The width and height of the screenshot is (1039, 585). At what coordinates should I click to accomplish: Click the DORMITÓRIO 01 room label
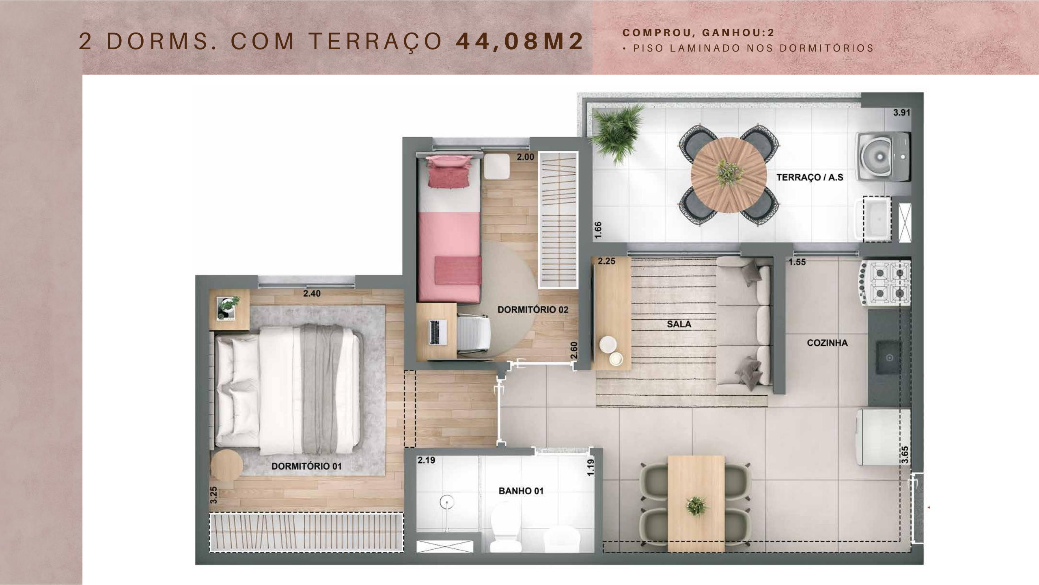(306, 466)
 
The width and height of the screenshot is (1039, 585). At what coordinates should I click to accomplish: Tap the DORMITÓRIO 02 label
(533, 310)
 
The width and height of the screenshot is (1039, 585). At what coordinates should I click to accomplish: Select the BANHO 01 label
(521, 491)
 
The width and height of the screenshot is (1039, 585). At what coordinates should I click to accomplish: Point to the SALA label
(679, 324)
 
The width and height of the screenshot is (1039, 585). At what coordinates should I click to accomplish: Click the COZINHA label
(827, 343)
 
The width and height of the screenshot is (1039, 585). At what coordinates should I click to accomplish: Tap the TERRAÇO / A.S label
(810, 177)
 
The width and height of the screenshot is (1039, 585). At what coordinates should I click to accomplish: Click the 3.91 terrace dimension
(901, 113)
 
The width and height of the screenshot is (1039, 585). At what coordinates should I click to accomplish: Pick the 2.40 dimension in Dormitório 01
(312, 293)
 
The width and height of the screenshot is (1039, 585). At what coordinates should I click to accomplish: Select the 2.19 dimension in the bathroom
(426, 460)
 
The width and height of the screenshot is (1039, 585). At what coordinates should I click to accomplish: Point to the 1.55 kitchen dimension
(797, 262)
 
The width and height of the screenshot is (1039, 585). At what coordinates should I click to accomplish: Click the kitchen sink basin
(889, 357)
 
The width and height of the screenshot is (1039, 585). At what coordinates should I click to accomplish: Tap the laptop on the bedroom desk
(438, 332)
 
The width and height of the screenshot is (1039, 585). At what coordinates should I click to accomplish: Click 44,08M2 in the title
(520, 41)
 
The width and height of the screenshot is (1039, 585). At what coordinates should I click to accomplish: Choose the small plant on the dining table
(696, 506)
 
